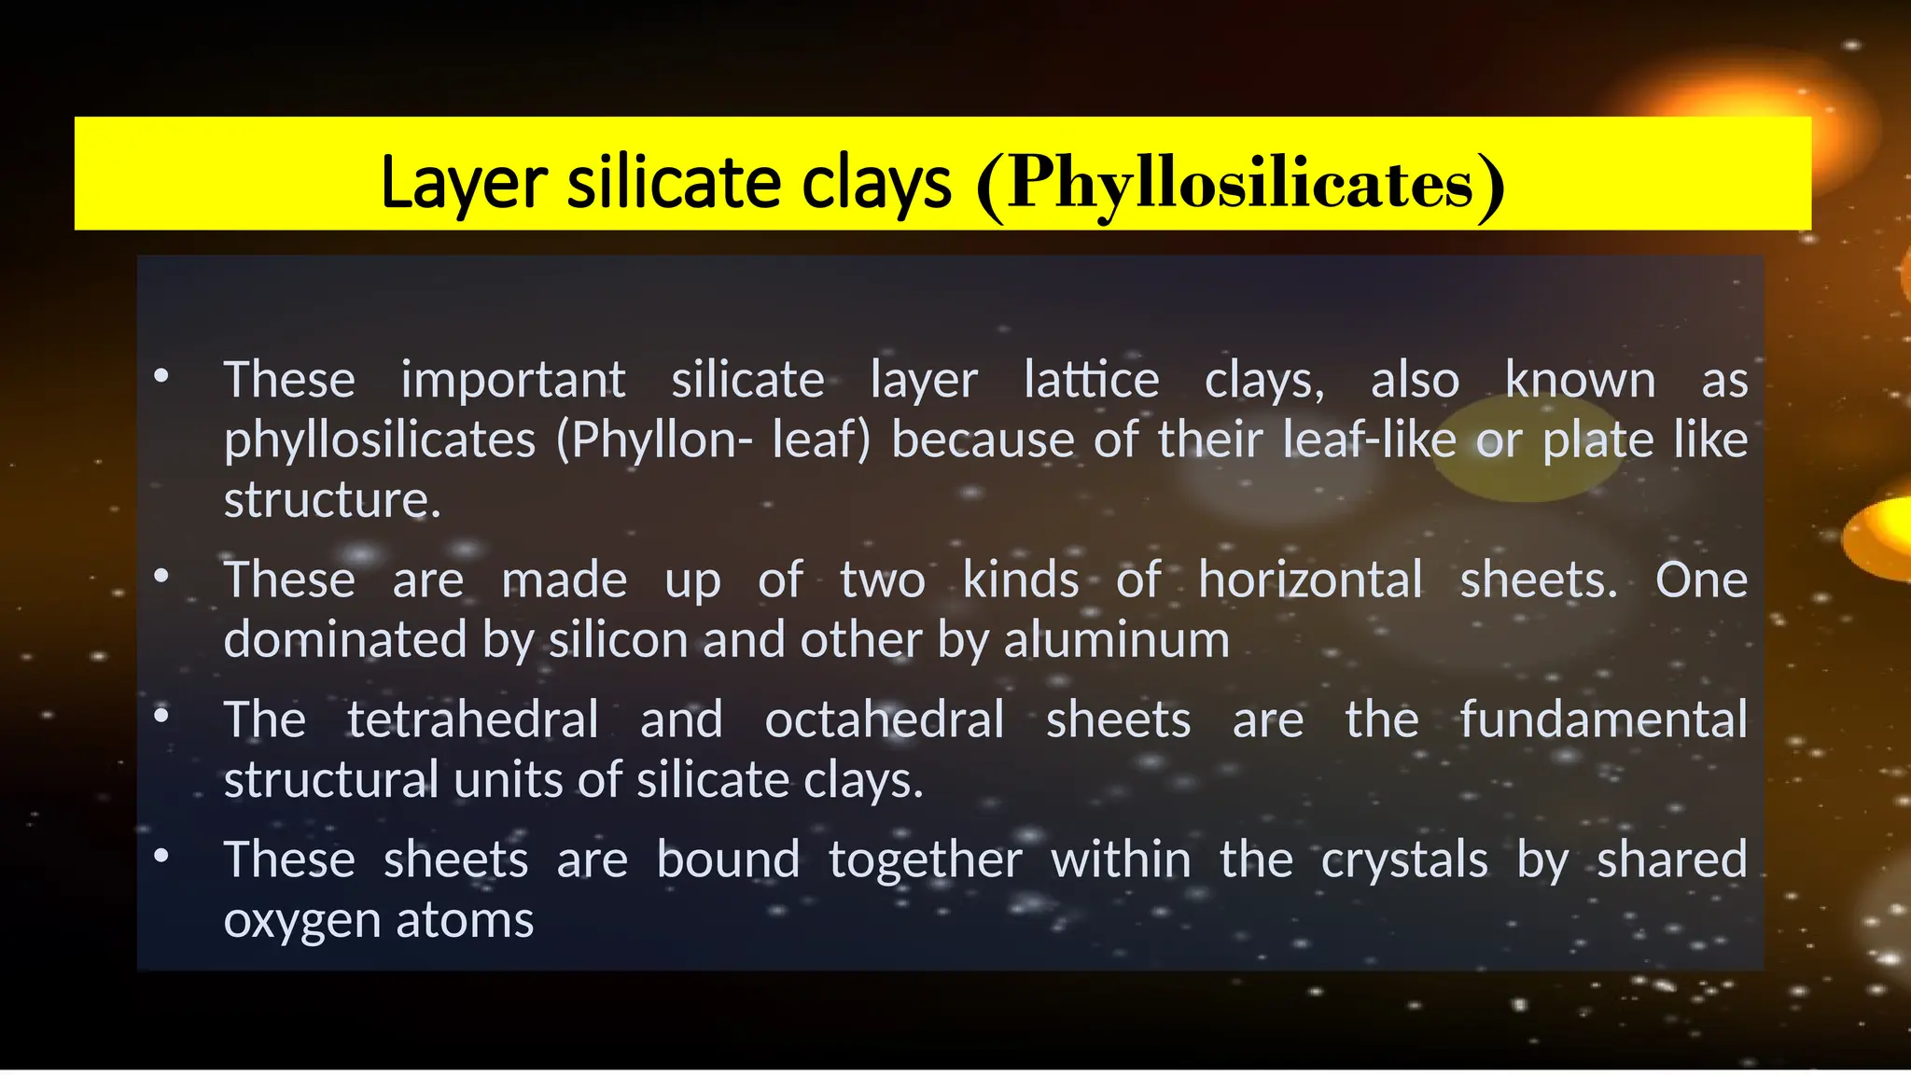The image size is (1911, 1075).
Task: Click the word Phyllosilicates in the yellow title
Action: (1240, 183)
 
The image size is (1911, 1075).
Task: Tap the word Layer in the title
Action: (463, 183)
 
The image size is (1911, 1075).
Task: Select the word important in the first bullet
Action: (512, 381)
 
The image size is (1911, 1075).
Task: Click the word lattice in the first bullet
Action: (1091, 381)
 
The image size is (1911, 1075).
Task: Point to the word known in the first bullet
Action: (1580, 381)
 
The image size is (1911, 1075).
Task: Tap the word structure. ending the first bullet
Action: (332, 500)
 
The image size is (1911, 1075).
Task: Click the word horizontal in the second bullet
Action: (1310, 580)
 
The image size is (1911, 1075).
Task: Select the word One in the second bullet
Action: (1701, 580)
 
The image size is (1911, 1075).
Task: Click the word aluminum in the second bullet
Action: (1116, 640)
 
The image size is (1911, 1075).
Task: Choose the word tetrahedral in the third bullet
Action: (472, 720)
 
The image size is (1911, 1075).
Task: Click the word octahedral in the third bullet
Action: (884, 720)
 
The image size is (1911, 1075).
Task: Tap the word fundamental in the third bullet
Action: (1603, 720)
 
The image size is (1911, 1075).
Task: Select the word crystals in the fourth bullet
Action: (1403, 860)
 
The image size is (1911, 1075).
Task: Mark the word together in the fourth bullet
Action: (925, 860)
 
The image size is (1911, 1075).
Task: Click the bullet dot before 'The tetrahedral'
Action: (161, 716)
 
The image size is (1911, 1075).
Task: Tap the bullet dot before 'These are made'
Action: (161, 576)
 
